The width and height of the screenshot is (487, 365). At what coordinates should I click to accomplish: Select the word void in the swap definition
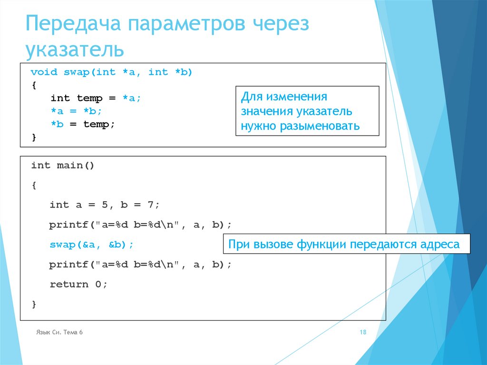click(x=44, y=72)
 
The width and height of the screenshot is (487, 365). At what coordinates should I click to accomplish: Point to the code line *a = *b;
click(x=76, y=111)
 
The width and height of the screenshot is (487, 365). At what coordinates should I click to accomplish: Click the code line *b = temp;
click(x=83, y=124)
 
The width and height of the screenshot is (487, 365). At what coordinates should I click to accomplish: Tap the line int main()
click(x=63, y=166)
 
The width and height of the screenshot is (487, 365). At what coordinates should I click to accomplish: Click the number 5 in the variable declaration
click(x=105, y=205)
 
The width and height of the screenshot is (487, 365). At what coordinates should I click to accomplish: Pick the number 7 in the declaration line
click(x=150, y=205)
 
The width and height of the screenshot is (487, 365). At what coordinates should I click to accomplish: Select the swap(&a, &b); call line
click(x=91, y=245)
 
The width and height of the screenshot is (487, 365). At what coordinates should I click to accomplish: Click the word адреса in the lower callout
click(x=439, y=245)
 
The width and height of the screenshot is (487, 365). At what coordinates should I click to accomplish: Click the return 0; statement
click(x=78, y=285)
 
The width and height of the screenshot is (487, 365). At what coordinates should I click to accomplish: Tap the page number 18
click(x=363, y=333)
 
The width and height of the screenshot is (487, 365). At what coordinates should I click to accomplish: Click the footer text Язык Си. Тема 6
click(x=59, y=333)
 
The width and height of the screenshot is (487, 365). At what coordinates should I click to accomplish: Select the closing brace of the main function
click(x=34, y=304)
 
